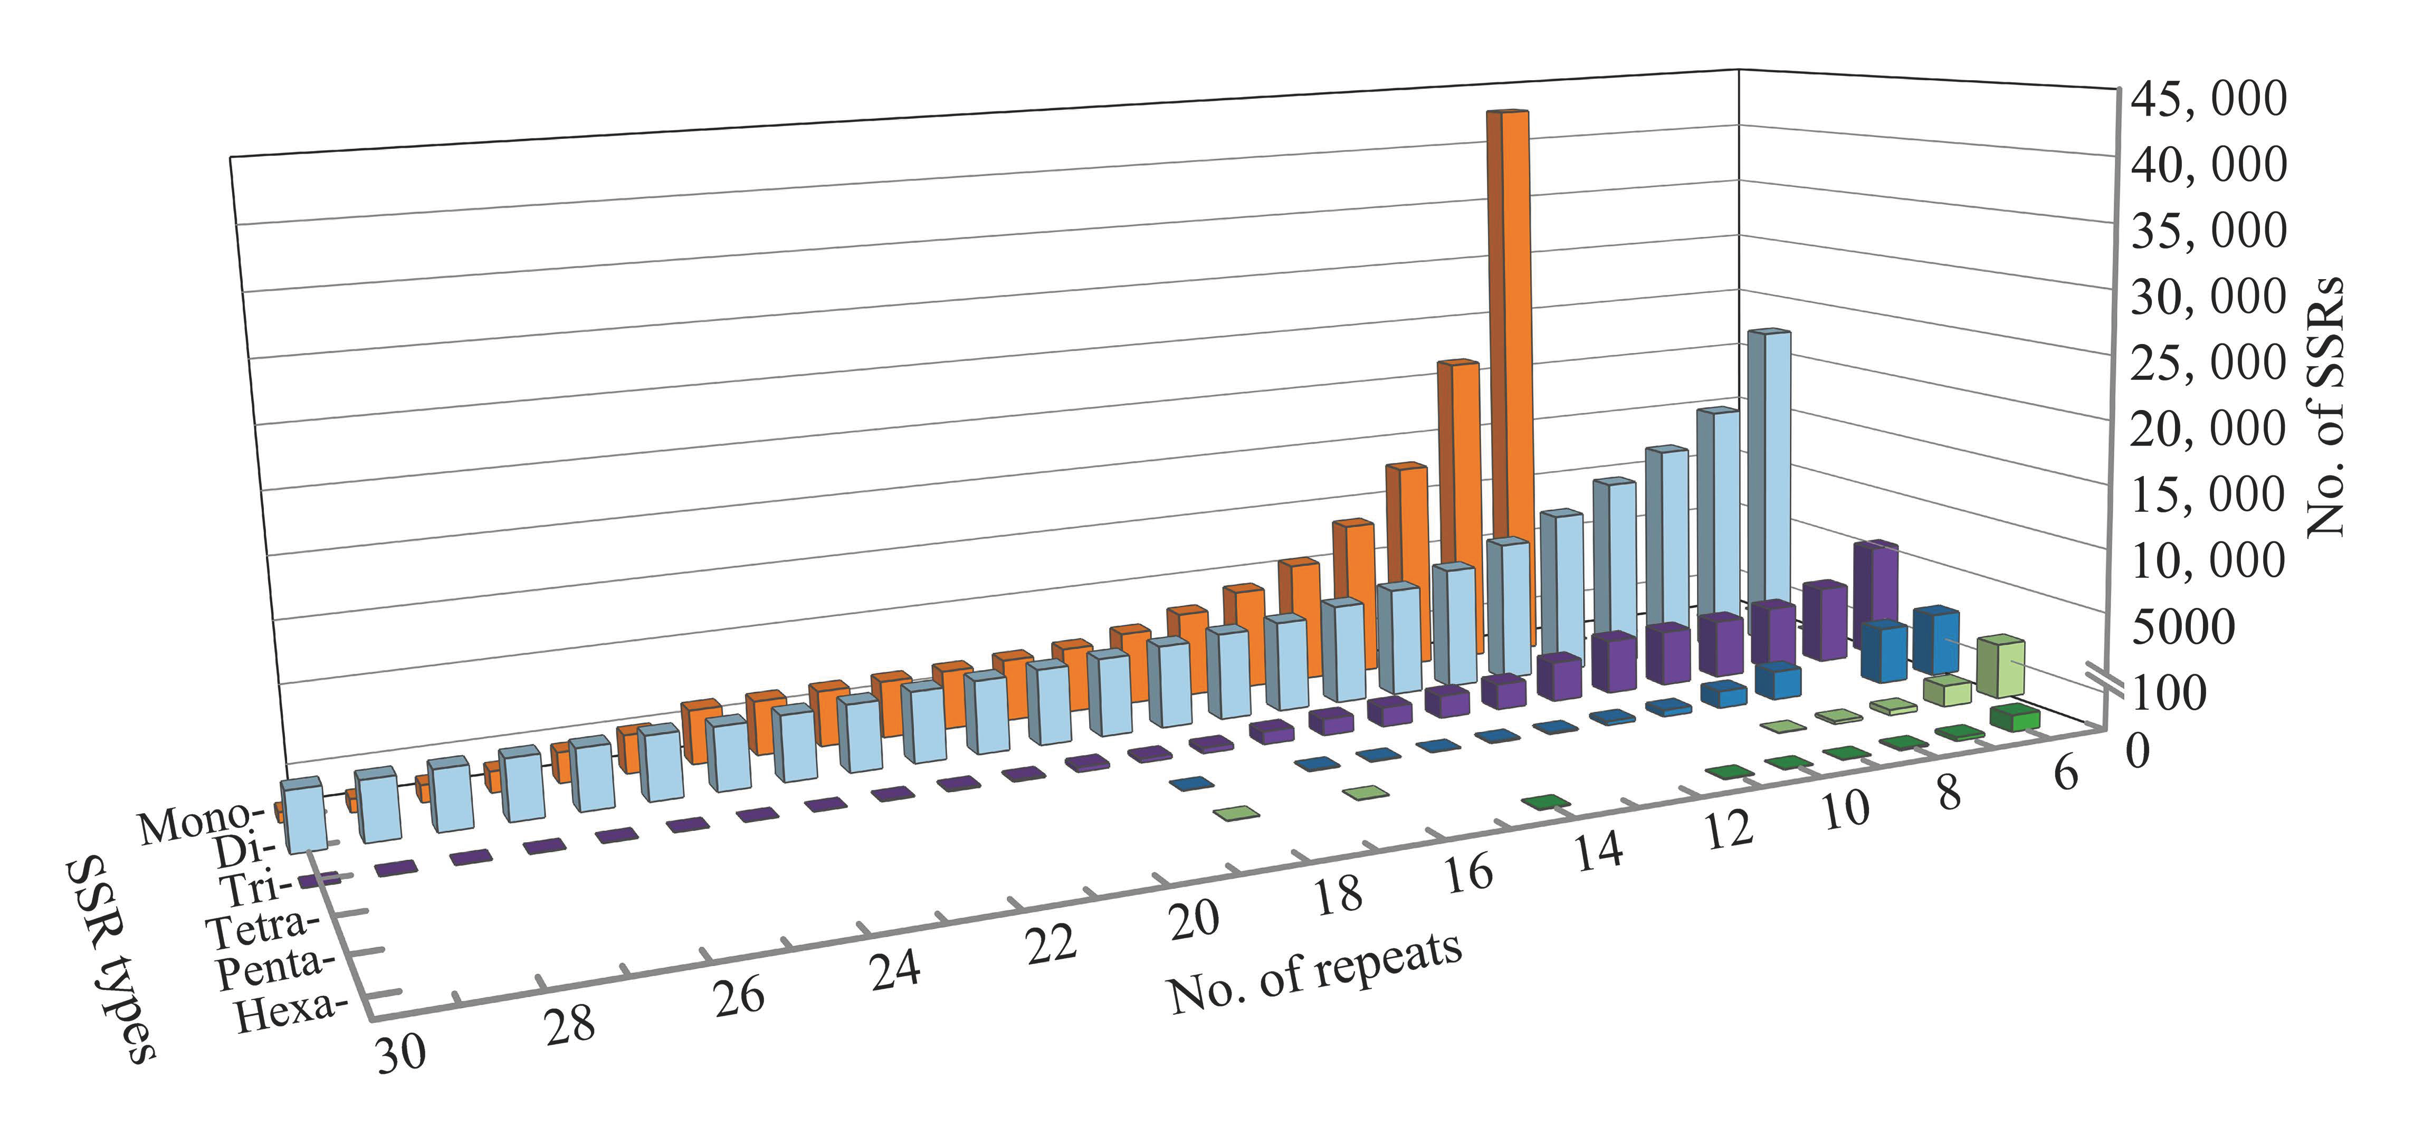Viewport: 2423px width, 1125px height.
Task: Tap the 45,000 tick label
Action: (x=2206, y=99)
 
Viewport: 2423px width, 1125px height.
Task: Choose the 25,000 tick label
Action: (x=2206, y=363)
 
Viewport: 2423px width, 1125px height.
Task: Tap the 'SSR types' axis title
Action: (x=111, y=959)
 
